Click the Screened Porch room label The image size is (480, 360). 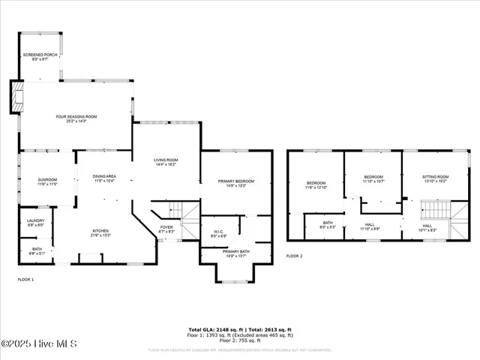pos(40,56)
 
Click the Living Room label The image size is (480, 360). pos(166,161)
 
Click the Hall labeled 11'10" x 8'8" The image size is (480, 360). pos(370,226)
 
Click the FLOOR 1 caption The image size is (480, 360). pos(25,280)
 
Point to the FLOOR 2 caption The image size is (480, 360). pos(294,256)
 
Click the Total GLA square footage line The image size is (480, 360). pos(239,328)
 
